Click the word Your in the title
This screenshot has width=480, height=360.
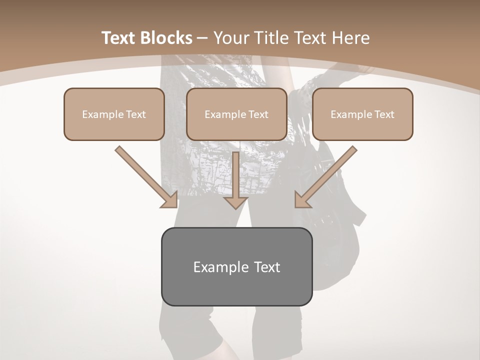coord(232,38)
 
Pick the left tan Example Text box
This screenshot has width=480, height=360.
coord(114,114)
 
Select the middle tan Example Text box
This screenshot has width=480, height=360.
coord(236,114)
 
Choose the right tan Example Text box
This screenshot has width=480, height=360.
coord(362,114)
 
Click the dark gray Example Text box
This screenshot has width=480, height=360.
coord(236,266)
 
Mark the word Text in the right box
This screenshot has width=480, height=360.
coord(384,114)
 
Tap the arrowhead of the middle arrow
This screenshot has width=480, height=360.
coord(235,202)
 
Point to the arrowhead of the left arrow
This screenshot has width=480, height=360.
coord(170,200)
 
